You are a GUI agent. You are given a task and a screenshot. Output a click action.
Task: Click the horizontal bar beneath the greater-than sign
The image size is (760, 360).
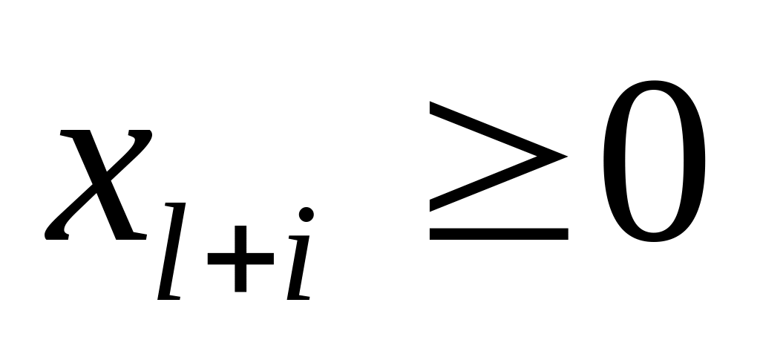(498, 234)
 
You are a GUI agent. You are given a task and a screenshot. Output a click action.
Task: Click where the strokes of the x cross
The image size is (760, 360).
(100, 186)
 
